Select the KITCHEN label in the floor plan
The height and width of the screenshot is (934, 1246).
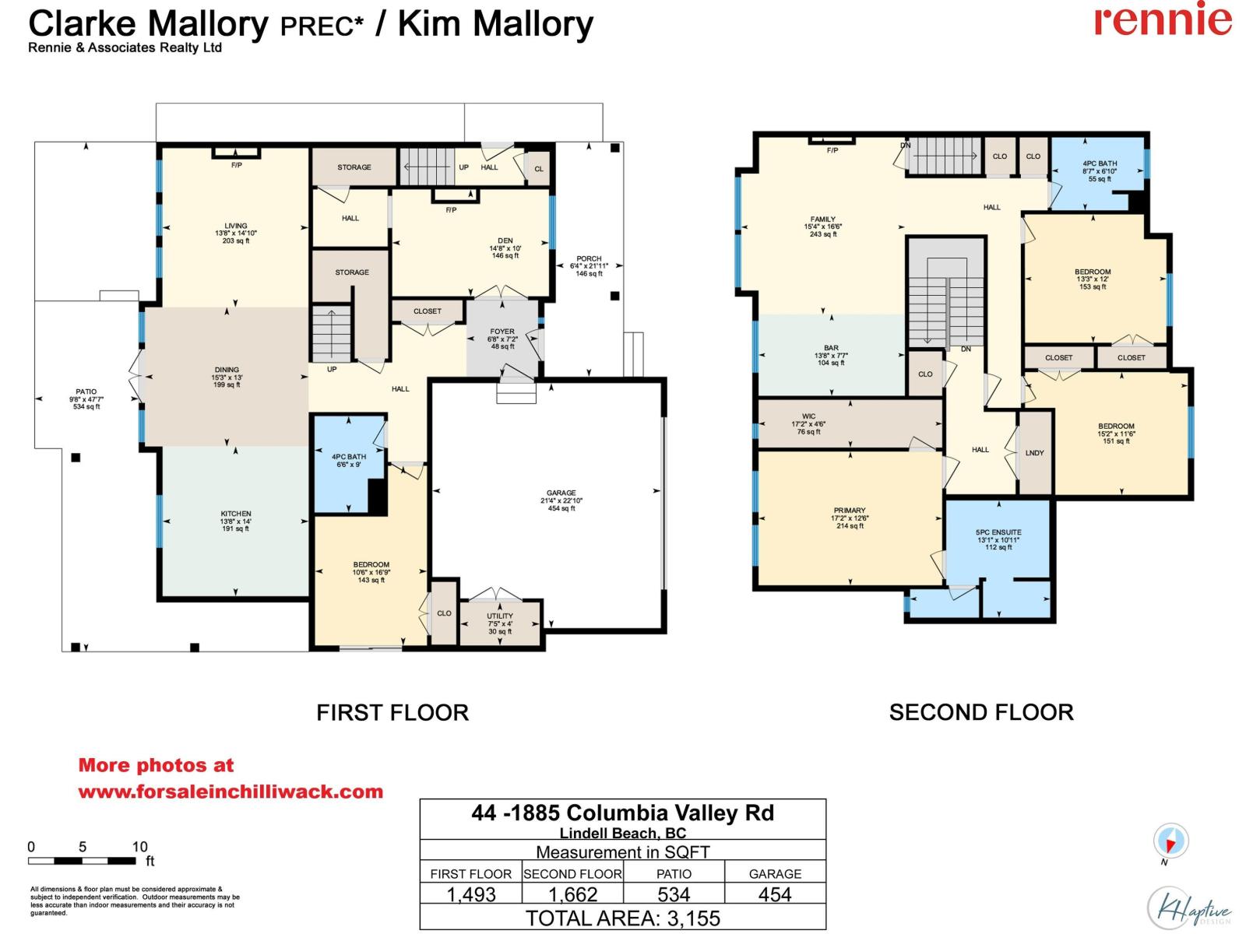tap(236, 514)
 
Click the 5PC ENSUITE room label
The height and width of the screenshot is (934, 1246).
tap(998, 532)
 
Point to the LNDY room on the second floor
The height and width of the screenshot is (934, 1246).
tap(1034, 453)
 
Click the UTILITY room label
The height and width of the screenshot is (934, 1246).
tap(500, 616)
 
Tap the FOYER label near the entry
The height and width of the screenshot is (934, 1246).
tap(502, 332)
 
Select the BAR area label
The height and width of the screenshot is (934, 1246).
tap(831, 349)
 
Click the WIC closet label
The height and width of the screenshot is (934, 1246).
tap(808, 416)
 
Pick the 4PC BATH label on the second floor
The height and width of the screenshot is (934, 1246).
tap(1100, 164)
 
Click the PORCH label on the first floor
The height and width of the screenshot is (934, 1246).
tap(589, 259)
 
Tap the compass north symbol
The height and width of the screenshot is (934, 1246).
tap(1170, 841)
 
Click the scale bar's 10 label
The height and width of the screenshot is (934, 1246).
tap(139, 847)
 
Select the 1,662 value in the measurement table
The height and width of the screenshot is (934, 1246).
tap(572, 894)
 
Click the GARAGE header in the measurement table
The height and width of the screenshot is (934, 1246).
tap(775, 874)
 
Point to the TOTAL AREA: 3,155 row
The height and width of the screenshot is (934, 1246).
tap(622, 918)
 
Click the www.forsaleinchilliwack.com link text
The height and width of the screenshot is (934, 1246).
tap(231, 792)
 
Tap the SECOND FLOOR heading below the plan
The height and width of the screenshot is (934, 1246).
tap(980, 712)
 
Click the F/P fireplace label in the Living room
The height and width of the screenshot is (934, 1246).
tap(236, 165)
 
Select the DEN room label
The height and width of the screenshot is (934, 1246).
tap(505, 241)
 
